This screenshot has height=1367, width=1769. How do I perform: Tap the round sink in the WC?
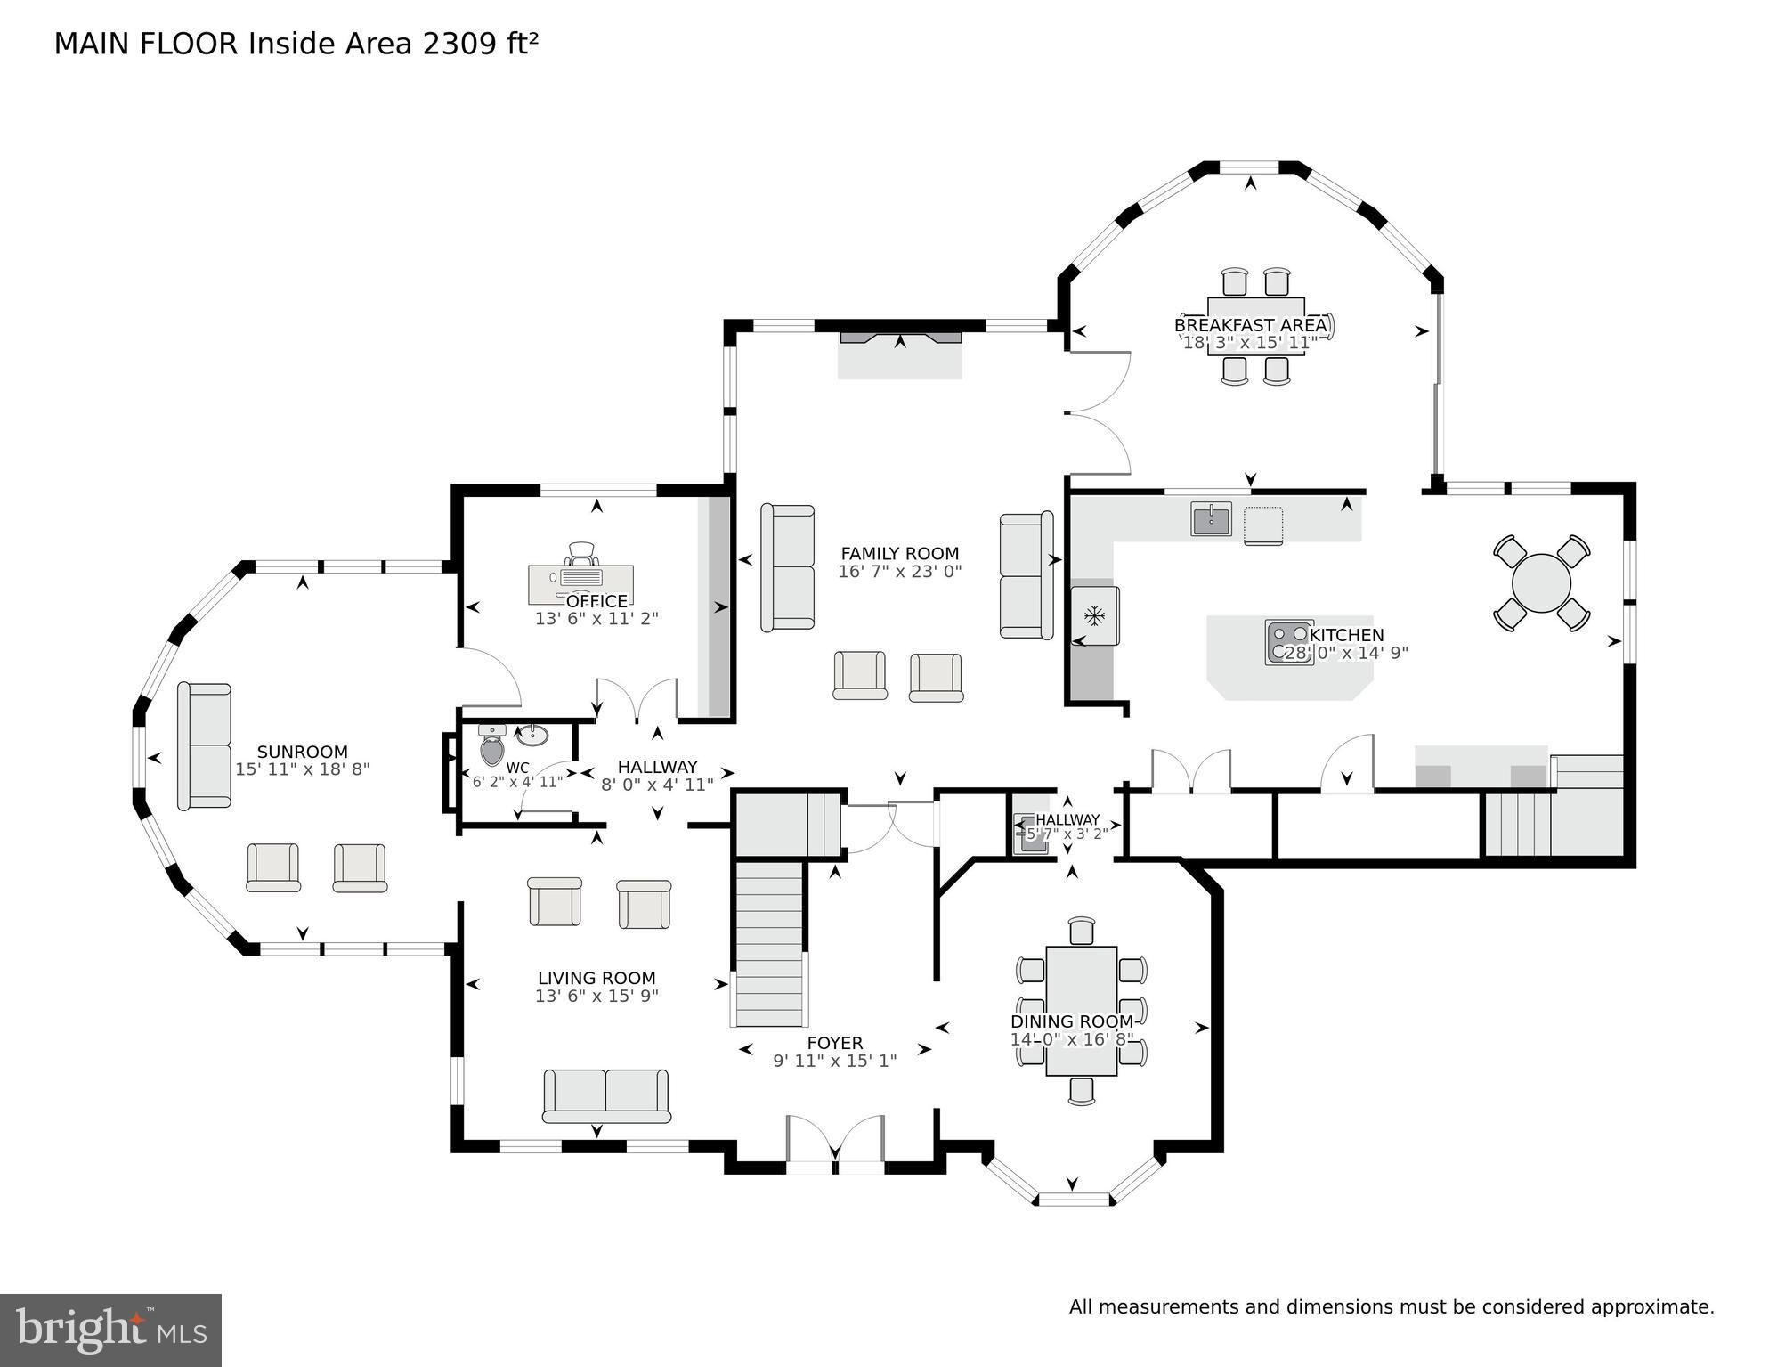tap(532, 736)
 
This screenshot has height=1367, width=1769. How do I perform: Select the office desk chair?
tap(580, 554)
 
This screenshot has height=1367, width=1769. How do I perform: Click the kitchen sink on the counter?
tap(1211, 518)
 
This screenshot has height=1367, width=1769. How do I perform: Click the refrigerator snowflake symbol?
tap(1094, 614)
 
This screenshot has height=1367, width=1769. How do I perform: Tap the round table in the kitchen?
tap(1541, 583)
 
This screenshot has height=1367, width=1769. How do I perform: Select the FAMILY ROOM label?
tap(899, 553)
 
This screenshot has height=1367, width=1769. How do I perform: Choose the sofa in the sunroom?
tap(204, 746)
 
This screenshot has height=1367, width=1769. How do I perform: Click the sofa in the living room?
tap(605, 1095)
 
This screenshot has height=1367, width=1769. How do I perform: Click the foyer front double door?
tap(835, 1142)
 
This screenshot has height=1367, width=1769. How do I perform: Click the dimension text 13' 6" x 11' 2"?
tap(596, 618)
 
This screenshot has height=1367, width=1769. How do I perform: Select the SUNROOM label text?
tap(302, 752)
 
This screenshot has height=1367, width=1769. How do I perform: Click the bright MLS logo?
tap(110, 1330)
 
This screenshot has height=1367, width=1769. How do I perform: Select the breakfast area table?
tap(1255, 326)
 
